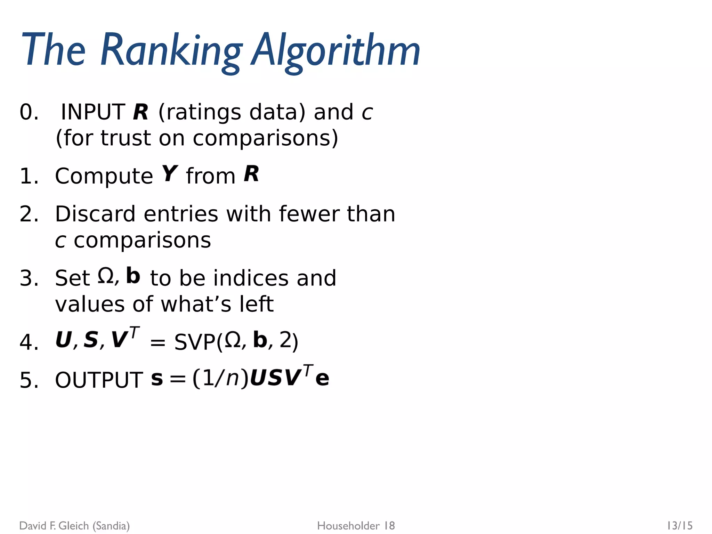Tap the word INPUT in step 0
point(93,112)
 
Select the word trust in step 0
point(126,138)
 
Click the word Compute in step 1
point(104,176)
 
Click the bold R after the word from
point(251,173)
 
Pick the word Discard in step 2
point(95,214)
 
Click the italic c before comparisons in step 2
point(60,241)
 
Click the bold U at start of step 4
point(64,340)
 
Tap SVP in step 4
point(195,342)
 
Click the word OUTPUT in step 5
point(99,380)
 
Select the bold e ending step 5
point(322,379)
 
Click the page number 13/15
point(679,525)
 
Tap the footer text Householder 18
point(356,526)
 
